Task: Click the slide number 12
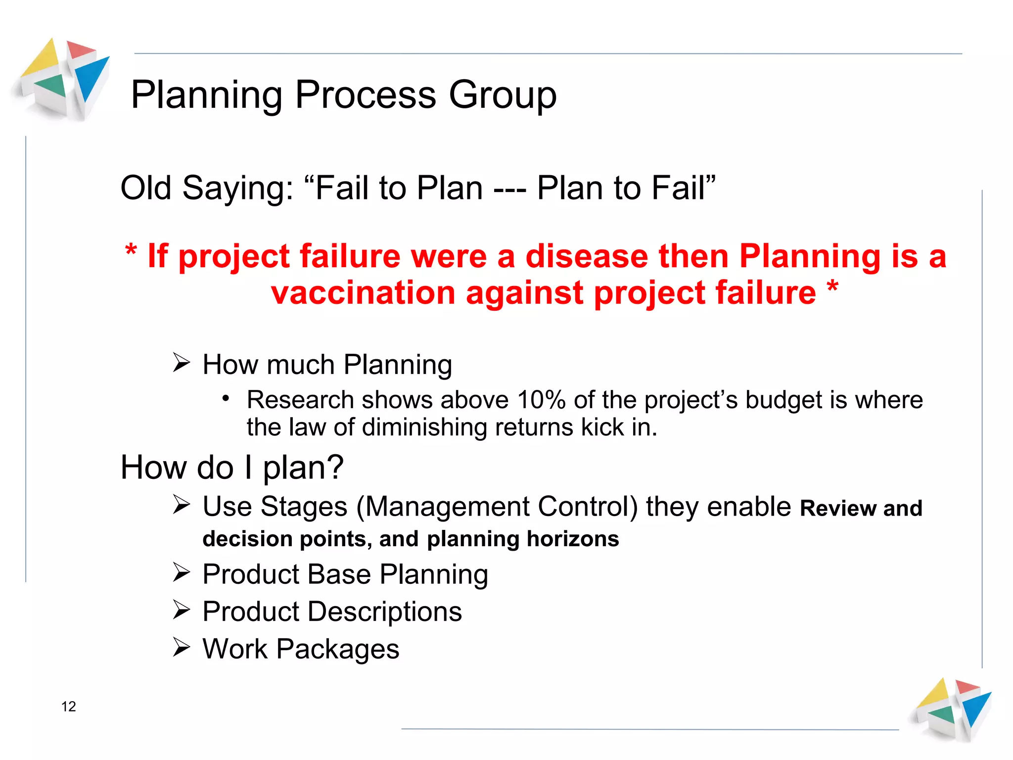click(68, 706)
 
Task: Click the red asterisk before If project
click(131, 251)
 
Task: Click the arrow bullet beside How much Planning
click(181, 363)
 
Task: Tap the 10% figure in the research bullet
click(541, 400)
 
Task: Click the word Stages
click(304, 507)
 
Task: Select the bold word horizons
click(572, 539)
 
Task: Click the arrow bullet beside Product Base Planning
click(181, 572)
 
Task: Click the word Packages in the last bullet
click(337, 649)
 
